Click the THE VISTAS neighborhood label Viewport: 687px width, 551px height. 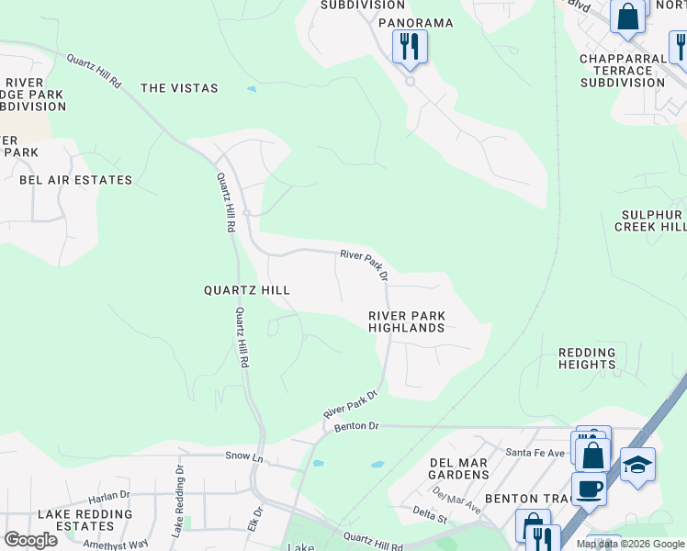point(179,88)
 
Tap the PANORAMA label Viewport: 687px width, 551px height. point(415,22)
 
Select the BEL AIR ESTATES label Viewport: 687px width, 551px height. point(76,180)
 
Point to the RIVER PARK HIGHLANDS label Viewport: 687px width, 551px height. point(406,321)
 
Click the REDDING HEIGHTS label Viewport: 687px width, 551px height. point(587,358)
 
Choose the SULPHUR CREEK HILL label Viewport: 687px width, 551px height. point(650,220)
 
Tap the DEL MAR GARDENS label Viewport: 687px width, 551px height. point(459,468)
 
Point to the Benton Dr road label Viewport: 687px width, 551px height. point(356,426)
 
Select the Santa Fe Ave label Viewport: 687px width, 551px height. point(537,453)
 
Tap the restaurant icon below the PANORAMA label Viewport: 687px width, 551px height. point(410,46)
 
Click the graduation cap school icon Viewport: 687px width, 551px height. point(637,465)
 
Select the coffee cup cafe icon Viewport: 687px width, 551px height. point(589,489)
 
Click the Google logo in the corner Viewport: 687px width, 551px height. point(30,539)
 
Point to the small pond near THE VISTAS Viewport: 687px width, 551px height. point(252,90)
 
